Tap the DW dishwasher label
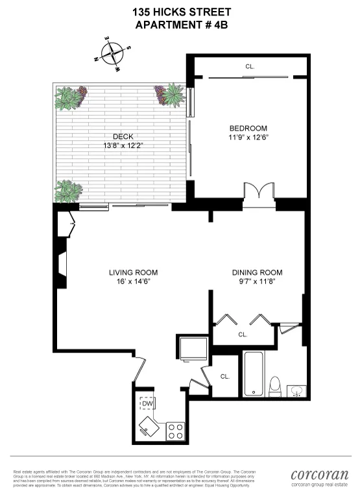point(147,403)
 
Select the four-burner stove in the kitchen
point(175,430)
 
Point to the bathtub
point(254,374)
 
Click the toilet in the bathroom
point(275,385)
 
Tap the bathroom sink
point(296,389)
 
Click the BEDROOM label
point(248,128)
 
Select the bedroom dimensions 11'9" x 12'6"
point(248,138)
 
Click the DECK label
point(123,136)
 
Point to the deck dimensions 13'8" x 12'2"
point(123,145)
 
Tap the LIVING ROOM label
point(133,272)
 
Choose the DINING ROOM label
point(258,272)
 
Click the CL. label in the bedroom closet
point(250,66)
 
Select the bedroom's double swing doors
point(259,193)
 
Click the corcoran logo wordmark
point(320,474)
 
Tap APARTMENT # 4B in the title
point(182,25)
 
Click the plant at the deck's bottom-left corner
point(68,191)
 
